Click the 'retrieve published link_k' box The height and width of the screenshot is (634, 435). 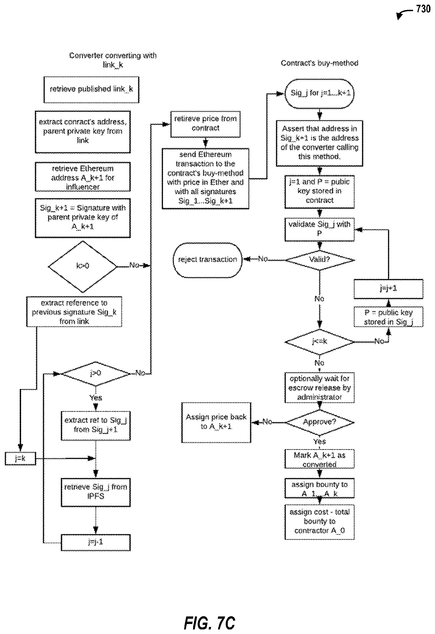[x=91, y=89]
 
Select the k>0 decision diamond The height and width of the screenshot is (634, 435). [x=82, y=266]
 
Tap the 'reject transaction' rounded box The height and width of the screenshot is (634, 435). [x=207, y=259]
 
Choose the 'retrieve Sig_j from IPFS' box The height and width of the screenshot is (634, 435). [x=96, y=492]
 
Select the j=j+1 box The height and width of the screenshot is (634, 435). [x=388, y=289]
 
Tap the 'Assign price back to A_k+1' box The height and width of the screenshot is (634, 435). [x=216, y=422]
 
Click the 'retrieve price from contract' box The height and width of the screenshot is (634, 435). [x=205, y=124]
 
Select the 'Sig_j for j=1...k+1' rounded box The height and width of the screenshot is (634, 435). [x=319, y=93]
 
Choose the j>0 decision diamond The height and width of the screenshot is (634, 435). [x=96, y=373]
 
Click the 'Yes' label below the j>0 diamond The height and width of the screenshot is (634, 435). [x=96, y=398]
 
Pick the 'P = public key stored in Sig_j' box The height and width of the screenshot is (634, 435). [x=388, y=317]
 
